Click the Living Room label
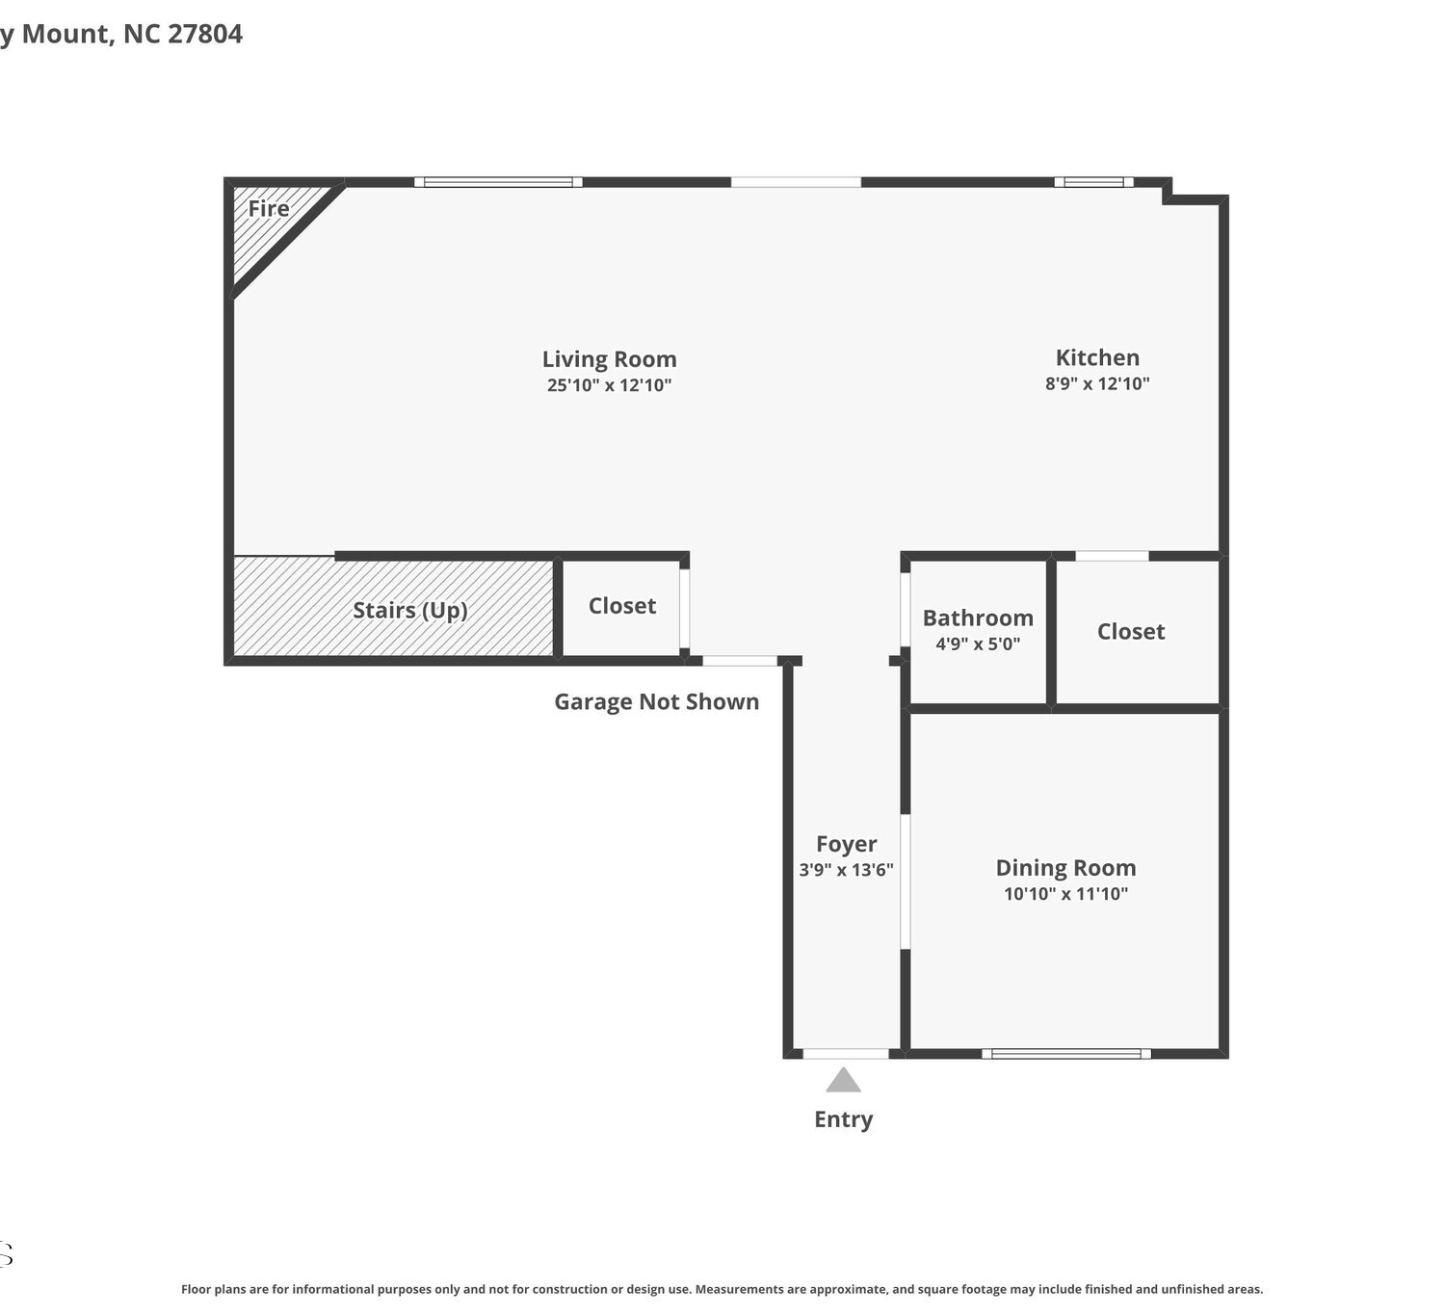(x=609, y=358)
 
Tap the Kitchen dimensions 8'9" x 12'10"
(x=1096, y=383)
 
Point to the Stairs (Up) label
(x=409, y=611)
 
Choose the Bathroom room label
(x=978, y=618)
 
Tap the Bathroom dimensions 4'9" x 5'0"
(x=978, y=644)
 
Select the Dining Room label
(x=1065, y=868)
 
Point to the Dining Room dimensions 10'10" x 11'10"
(x=1065, y=893)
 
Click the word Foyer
(x=846, y=844)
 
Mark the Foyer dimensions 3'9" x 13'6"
(x=846, y=870)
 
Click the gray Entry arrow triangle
(x=844, y=1080)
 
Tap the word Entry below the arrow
(x=844, y=1119)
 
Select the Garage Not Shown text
(x=656, y=701)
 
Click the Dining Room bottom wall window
(x=1066, y=1053)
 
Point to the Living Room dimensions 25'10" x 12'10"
(x=609, y=384)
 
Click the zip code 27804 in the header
(x=204, y=34)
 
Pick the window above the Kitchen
(x=1093, y=181)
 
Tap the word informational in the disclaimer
(x=333, y=1289)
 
